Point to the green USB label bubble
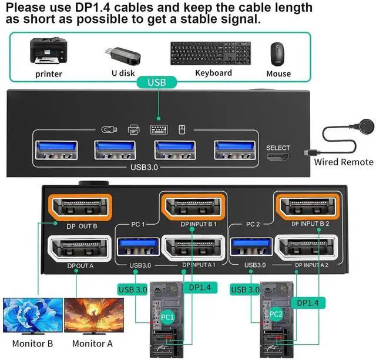pos(157,83)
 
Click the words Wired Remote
pos(343,162)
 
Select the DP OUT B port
pos(79,207)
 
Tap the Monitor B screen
pos(33,316)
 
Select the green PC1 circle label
pos(168,317)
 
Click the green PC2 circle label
pos(276,315)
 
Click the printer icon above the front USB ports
pos(133,129)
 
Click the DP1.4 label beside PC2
pos(308,303)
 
